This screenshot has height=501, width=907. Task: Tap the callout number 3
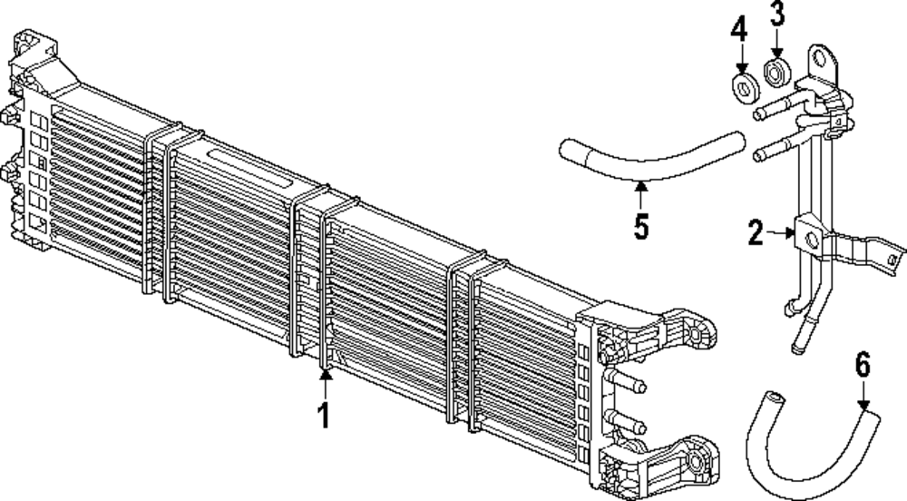[777, 15]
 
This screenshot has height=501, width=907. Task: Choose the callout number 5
[641, 224]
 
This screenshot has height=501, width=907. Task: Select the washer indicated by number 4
[746, 88]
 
